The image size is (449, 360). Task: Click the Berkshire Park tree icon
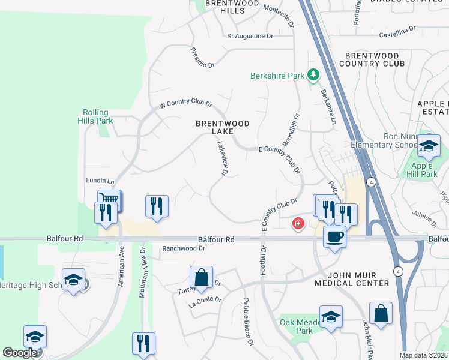coord(312,75)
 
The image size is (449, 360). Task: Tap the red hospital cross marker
coord(297,224)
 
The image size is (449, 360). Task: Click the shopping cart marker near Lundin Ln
coord(110,200)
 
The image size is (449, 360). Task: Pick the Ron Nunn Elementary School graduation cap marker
coord(429,146)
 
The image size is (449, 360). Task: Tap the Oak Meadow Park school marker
coord(331,317)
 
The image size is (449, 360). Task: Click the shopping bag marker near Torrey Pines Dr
coord(201,278)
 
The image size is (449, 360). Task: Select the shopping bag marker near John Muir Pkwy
coord(381,313)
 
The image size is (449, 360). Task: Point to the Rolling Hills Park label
coord(95,116)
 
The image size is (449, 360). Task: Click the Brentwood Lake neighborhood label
coord(223,127)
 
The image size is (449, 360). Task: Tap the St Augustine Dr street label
coord(250,36)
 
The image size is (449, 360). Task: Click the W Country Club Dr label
coord(185,104)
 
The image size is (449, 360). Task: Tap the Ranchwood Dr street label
coord(184,248)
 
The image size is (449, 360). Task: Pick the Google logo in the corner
coord(20,353)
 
